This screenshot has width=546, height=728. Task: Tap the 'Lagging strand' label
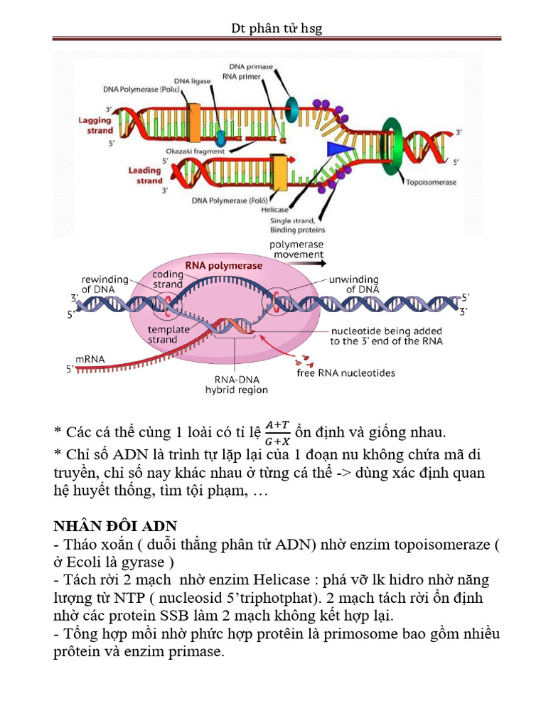point(95,126)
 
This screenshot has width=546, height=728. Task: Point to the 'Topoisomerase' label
point(431,183)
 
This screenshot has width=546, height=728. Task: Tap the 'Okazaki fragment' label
point(195,151)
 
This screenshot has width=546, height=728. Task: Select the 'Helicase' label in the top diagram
point(274,210)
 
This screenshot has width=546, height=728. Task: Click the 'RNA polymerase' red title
point(224,265)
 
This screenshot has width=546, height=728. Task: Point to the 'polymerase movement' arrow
point(297,262)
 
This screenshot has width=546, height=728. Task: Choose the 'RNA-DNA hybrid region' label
point(236,385)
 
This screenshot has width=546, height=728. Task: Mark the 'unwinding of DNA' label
point(353,284)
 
